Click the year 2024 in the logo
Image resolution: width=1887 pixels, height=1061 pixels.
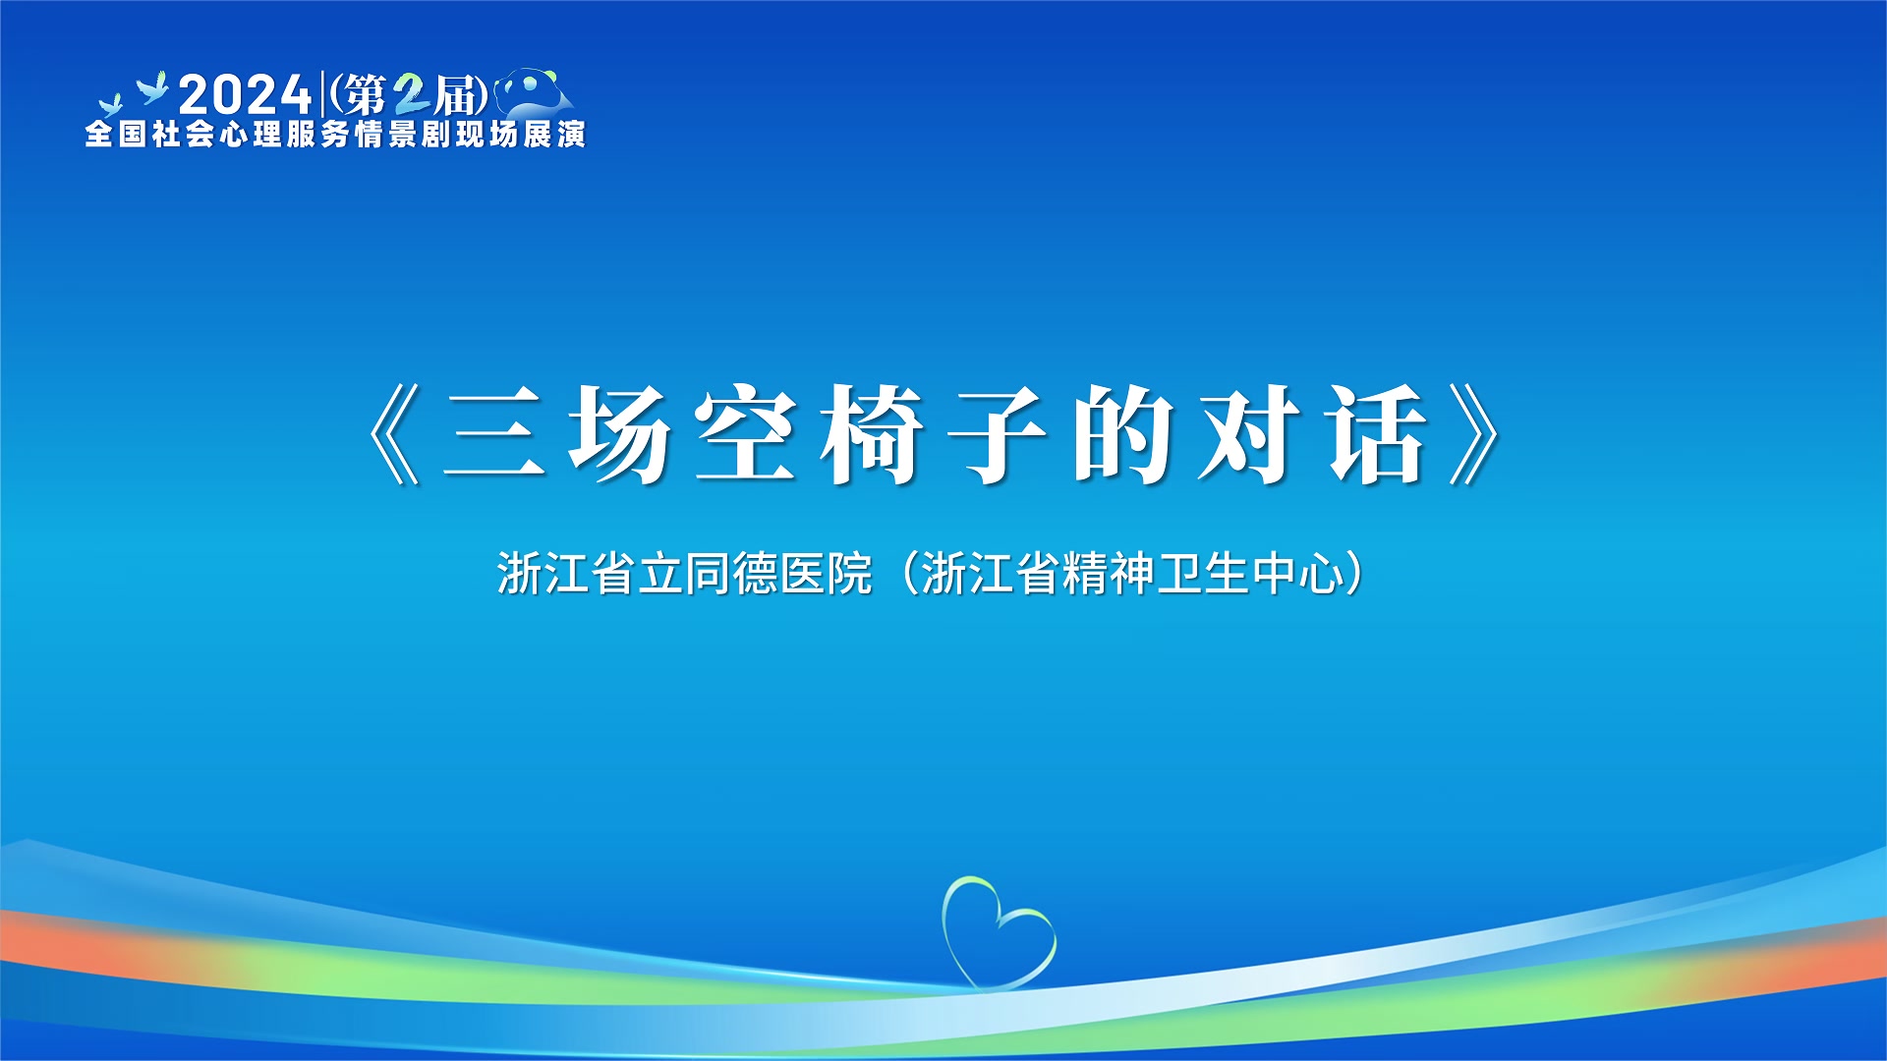245,95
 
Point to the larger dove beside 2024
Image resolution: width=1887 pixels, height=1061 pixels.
153,88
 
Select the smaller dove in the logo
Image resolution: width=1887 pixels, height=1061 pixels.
110,105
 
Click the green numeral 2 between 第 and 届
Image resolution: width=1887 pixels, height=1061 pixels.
411,95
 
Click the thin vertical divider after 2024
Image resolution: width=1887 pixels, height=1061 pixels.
322,94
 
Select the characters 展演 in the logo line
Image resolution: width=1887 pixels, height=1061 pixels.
554,134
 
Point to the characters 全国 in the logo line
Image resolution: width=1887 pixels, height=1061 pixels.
116,134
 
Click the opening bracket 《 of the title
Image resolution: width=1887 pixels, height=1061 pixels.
394,434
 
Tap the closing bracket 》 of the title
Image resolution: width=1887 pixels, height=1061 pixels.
1474,434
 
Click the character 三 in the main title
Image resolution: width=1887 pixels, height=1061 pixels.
493,434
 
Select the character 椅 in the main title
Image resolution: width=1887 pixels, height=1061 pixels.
872,434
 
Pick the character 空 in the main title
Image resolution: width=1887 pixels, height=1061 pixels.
745,434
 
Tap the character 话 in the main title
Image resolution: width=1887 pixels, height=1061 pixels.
1377,434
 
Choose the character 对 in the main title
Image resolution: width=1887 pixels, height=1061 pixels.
1250,434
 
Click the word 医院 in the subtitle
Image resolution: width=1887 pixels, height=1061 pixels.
826,574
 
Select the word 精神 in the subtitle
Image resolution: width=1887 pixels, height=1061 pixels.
1109,574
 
